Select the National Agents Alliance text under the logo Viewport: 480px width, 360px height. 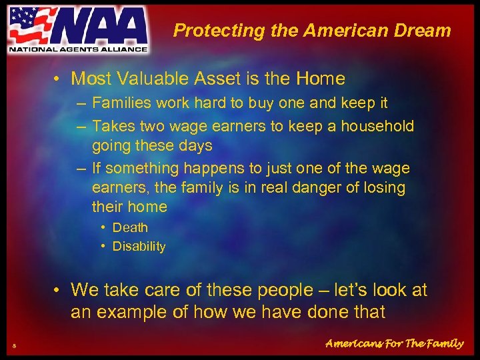pos(77,48)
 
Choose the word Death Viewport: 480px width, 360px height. pos(130,227)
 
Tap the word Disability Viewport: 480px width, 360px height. pos(139,247)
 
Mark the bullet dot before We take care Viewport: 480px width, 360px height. pos(59,290)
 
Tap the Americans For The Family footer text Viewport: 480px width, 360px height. pos(394,343)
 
